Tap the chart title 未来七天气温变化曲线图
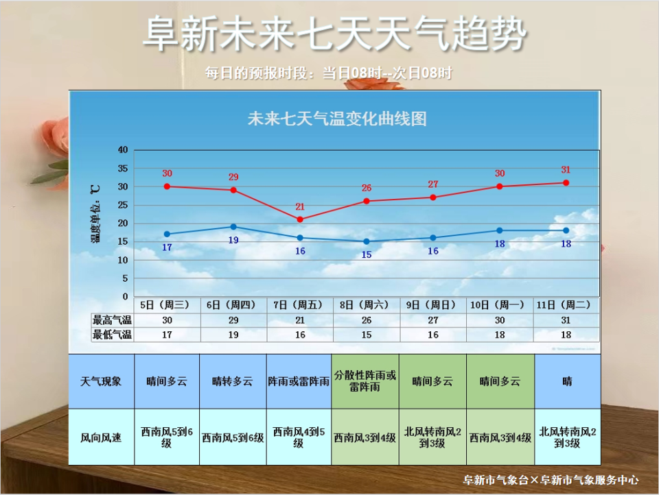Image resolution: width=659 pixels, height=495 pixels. (337, 119)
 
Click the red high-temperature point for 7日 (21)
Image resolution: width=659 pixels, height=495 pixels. (300, 219)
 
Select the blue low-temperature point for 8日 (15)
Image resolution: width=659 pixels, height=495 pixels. (367, 241)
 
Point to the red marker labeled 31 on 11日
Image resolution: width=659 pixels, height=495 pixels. (566, 182)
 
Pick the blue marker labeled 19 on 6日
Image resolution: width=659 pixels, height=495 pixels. (233, 226)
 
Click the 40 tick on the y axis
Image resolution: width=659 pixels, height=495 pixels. (123, 149)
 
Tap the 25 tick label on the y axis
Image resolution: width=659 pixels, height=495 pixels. (123, 205)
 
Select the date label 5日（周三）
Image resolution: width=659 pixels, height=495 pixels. (167, 304)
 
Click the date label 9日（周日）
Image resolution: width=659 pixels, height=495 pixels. (433, 304)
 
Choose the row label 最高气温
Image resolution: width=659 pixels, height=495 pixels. (112, 320)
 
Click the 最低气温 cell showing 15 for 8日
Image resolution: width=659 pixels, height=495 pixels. (367, 335)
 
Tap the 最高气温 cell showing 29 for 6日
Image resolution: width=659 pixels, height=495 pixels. (233, 320)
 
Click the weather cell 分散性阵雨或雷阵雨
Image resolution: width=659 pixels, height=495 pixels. (365, 381)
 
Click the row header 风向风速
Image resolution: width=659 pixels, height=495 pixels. (101, 437)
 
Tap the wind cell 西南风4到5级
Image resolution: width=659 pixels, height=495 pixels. (299, 437)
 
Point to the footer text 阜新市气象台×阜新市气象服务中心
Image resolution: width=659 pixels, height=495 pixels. (551, 480)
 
